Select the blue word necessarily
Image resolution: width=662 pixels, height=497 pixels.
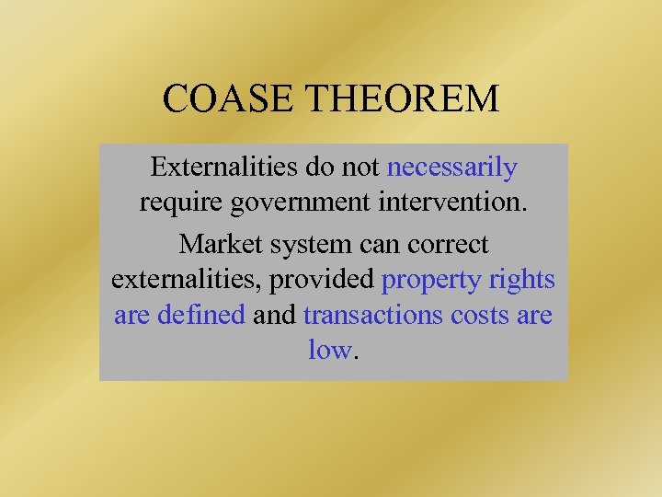click(452, 168)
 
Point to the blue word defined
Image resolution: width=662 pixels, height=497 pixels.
click(201, 315)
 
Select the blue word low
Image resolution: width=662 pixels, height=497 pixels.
click(329, 350)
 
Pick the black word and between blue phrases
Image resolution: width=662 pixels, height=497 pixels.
click(274, 315)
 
